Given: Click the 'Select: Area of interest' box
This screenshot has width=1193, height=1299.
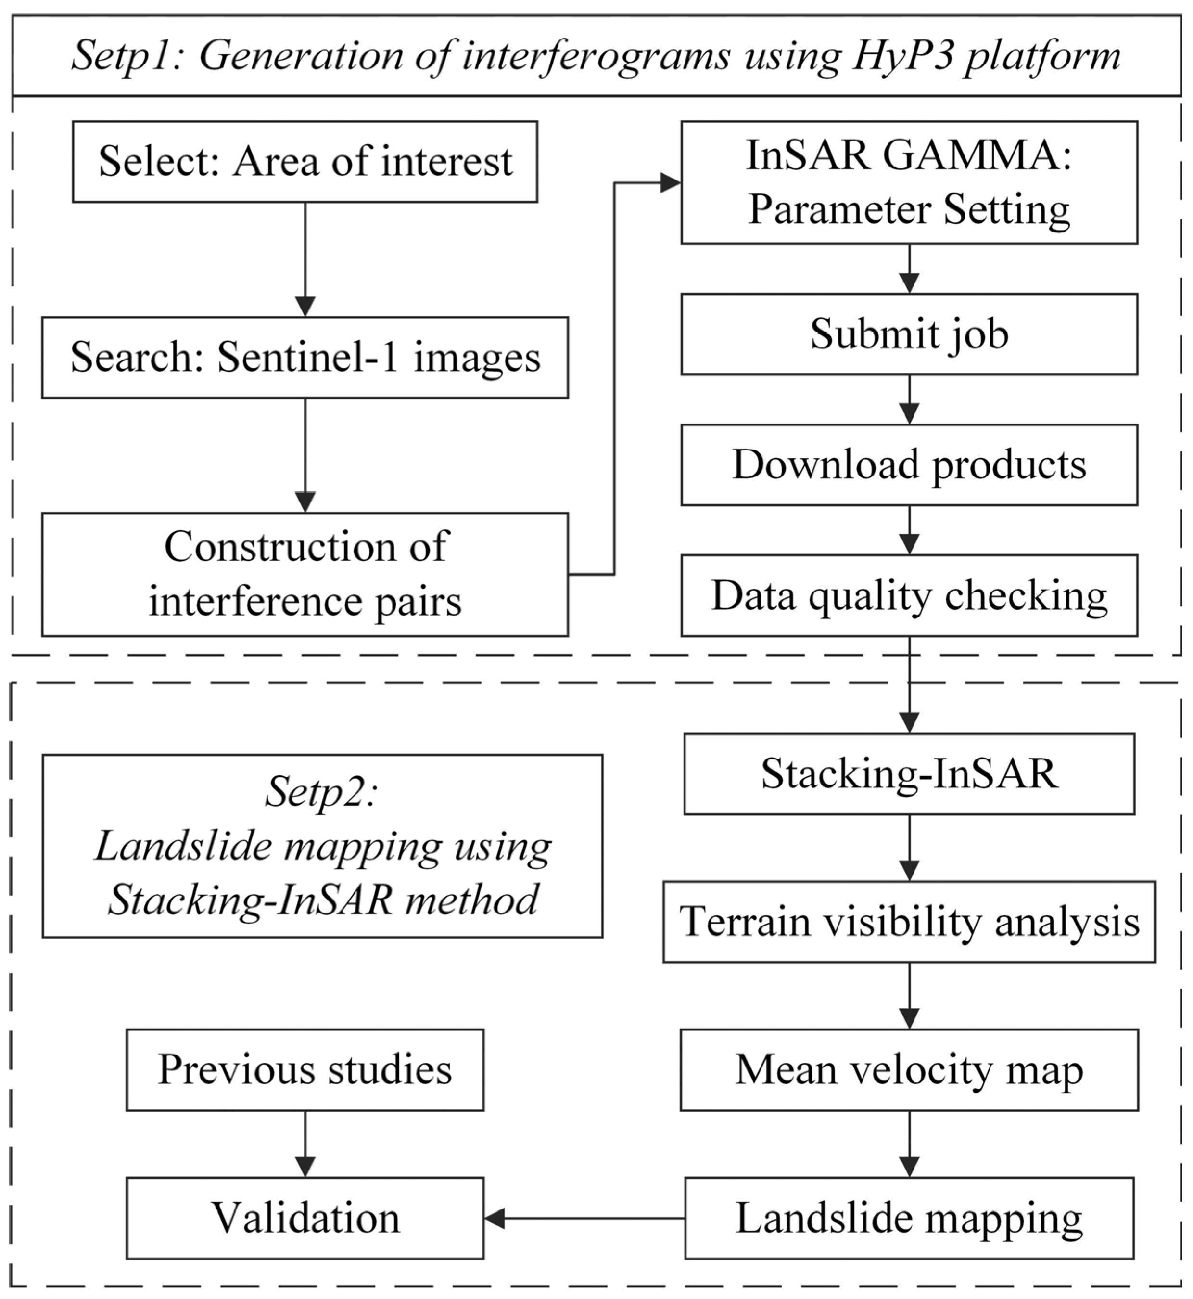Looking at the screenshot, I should [x=305, y=162].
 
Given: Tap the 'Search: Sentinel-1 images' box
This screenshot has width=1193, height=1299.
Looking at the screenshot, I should [x=305, y=357].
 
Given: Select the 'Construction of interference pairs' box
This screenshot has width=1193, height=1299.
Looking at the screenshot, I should [x=305, y=574].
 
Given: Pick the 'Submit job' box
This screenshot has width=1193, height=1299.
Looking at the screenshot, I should [x=909, y=334].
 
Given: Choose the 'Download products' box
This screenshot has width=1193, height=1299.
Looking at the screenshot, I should [x=909, y=464].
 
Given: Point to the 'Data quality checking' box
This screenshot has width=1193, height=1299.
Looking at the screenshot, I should [x=909, y=595].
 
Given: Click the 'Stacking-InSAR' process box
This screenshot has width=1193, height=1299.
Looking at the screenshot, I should [x=909, y=773].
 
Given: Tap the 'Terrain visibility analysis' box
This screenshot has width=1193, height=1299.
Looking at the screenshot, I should [x=909, y=922].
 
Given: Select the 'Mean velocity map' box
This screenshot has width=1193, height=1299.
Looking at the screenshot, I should [x=909, y=1070].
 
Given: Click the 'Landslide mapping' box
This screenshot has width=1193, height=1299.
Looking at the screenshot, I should [x=909, y=1218].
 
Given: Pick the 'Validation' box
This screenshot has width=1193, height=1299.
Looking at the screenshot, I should [x=305, y=1218].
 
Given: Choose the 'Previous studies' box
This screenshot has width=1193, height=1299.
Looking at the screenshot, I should [x=305, y=1070].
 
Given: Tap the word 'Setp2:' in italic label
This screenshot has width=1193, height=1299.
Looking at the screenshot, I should [x=321, y=791].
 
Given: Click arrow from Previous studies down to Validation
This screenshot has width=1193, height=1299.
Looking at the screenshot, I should [x=305, y=1144].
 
